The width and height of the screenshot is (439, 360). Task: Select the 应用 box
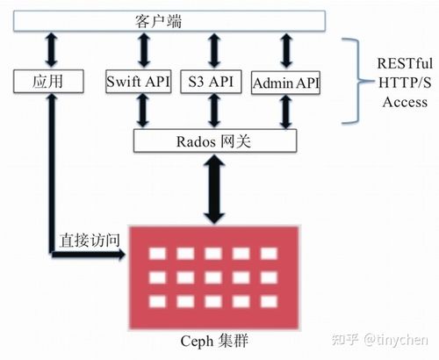coord(49,83)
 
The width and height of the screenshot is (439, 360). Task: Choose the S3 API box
coord(211,83)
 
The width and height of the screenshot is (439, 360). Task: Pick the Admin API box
coord(285,83)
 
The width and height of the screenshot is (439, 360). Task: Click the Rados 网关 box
coord(211,139)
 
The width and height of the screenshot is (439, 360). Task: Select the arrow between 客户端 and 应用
coord(50,50)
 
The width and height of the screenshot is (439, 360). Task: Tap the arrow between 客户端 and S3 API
coord(211,50)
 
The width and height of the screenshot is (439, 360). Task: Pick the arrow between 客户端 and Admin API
coord(285,50)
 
